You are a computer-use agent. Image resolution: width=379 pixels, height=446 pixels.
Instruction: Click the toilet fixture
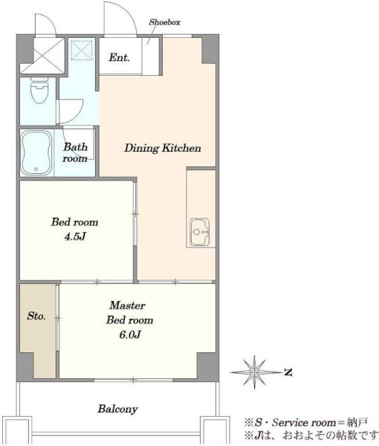coord(39,91)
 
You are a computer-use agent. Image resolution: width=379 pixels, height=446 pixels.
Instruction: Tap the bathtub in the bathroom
coord(36,152)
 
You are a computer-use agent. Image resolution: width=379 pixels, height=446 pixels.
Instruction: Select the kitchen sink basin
coord(200,232)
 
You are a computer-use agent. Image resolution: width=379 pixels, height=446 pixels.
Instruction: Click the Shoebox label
coord(165,22)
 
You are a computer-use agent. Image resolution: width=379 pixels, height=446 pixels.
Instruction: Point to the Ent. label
coord(119,57)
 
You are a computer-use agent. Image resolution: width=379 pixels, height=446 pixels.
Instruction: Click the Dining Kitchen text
coord(163,148)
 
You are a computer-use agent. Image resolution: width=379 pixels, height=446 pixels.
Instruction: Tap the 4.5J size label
coord(75,236)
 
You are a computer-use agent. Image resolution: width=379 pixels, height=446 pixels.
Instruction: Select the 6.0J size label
coord(130,334)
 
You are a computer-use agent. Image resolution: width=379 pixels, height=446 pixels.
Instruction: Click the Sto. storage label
coord(36,316)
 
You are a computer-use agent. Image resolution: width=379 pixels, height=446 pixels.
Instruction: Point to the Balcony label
coord(117,409)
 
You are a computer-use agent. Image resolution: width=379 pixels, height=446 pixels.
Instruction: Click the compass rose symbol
coord(254,372)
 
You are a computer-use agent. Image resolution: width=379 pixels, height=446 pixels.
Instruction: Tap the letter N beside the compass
coord(288,372)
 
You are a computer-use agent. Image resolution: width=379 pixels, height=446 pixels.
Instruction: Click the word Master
coord(127,306)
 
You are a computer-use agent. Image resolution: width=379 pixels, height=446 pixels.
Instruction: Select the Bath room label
coord(75,152)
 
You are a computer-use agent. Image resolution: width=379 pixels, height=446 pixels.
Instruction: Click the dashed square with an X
coord(82,50)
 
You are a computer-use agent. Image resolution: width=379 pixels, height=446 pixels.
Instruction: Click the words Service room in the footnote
coord(304,422)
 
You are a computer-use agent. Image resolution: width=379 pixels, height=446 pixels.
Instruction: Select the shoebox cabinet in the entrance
coord(150,56)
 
